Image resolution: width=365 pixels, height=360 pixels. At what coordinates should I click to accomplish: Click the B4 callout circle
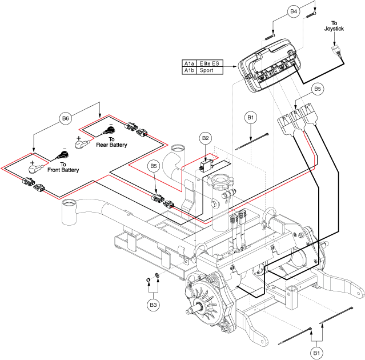[294, 11]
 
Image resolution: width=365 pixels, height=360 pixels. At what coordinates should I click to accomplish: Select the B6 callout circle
[66, 119]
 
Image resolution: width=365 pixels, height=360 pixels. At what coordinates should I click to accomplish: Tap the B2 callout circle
[206, 138]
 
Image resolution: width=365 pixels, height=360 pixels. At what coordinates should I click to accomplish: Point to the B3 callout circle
[153, 306]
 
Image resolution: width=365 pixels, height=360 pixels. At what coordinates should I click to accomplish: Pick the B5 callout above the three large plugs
[318, 89]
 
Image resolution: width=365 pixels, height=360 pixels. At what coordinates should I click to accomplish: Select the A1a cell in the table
[189, 63]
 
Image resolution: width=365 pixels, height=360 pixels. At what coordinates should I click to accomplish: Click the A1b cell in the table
[189, 70]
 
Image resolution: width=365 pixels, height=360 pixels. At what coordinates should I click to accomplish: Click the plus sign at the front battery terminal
[32, 163]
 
